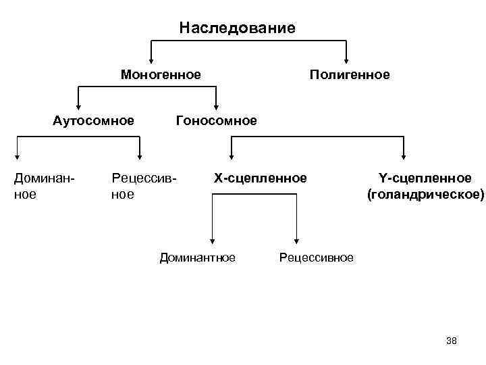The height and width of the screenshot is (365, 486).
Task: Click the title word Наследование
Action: click(x=238, y=28)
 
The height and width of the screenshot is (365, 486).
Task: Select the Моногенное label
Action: click(x=161, y=74)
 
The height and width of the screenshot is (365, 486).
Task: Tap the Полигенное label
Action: click(x=349, y=74)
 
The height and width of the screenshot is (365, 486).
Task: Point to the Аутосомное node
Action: click(x=93, y=121)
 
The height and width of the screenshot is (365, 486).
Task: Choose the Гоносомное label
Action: click(x=216, y=121)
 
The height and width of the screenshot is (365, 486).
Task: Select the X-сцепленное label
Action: click(x=261, y=178)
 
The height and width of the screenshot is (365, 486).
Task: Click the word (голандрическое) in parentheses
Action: click(x=425, y=195)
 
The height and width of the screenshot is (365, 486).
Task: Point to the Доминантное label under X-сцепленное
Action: click(x=197, y=257)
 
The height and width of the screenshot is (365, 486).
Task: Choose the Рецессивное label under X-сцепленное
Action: click(x=316, y=258)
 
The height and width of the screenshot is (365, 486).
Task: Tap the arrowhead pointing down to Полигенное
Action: click(x=346, y=59)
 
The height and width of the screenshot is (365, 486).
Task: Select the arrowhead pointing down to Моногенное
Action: click(x=151, y=59)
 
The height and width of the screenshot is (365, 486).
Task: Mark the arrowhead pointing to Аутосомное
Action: click(x=79, y=105)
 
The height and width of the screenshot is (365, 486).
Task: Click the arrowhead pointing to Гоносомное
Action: click(x=217, y=105)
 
